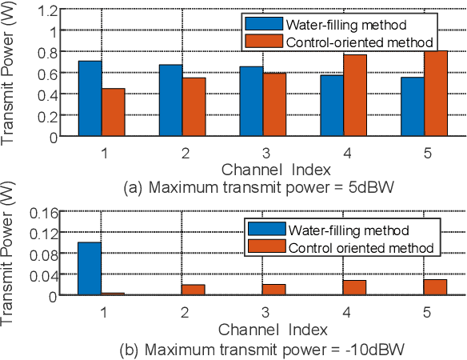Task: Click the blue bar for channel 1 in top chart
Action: (90, 98)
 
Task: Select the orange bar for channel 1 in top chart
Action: (114, 112)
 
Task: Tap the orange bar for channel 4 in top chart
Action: (354, 95)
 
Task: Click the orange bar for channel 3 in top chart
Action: (274, 105)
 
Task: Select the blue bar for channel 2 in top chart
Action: (170, 100)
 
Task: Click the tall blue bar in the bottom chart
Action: (90, 268)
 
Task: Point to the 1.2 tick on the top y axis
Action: (47, 11)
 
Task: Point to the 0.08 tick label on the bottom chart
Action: (44, 254)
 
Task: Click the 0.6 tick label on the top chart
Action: (47, 74)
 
